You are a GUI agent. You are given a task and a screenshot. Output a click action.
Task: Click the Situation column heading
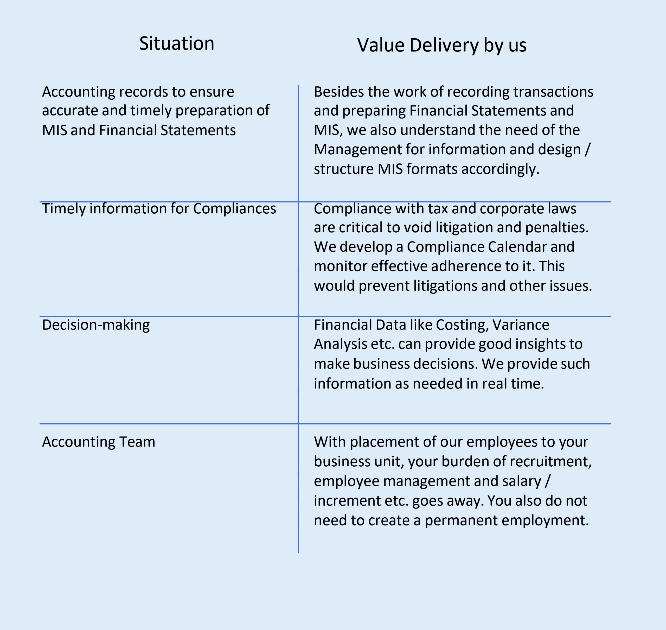click(177, 44)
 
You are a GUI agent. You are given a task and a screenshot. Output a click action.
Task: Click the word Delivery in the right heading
click(444, 45)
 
